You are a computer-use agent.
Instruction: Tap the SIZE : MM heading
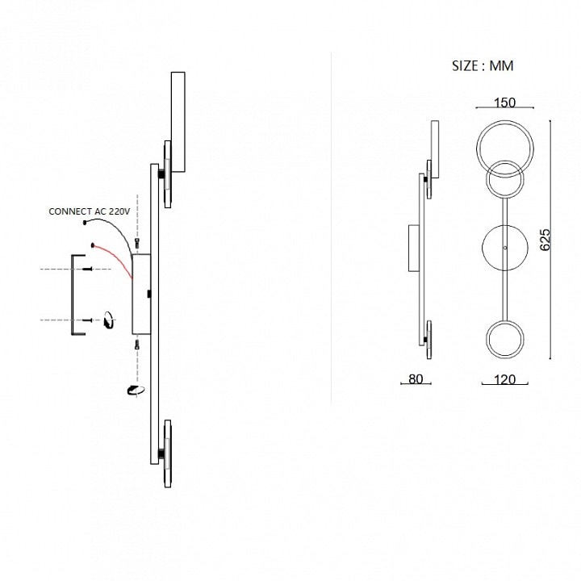click(483, 66)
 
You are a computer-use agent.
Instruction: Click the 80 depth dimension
click(416, 379)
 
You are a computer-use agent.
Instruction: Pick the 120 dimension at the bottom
click(504, 379)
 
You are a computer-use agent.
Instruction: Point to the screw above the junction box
click(137, 242)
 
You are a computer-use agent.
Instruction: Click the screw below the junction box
click(137, 345)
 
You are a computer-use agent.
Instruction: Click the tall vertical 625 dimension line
click(551, 239)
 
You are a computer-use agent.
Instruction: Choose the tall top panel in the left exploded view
click(178, 122)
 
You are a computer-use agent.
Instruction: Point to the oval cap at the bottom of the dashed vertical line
click(134, 391)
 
